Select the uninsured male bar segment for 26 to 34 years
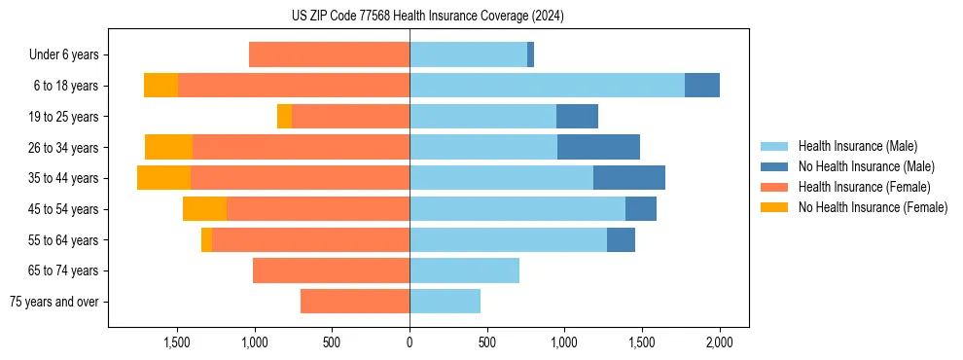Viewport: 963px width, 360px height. (598, 147)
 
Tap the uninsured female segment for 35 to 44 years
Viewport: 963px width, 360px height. (163, 178)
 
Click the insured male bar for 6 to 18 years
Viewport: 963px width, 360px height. (547, 86)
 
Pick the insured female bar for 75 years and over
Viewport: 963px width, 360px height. (355, 302)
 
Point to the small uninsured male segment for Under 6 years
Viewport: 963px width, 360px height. (530, 54)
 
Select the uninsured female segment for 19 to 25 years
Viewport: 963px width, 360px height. (284, 117)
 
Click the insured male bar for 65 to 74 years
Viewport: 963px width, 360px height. (464, 270)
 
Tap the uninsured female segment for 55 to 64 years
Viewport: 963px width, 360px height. (206, 239)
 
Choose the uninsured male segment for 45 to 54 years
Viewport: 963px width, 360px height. (641, 209)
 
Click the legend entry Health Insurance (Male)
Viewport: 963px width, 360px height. (857, 146)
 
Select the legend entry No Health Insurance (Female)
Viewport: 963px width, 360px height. (873, 207)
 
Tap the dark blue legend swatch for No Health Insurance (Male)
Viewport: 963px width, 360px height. (775, 166)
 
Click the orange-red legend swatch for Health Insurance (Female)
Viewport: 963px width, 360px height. (775, 187)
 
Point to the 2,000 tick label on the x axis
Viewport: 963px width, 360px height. (719, 342)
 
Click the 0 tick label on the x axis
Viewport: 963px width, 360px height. (410, 342)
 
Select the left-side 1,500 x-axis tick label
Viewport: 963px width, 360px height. (177, 342)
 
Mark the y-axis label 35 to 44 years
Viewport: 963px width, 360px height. (64, 178)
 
